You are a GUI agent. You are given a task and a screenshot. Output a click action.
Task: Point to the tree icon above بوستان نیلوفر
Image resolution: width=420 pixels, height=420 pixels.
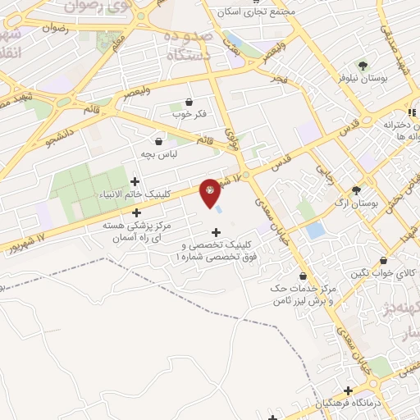coord(362,64)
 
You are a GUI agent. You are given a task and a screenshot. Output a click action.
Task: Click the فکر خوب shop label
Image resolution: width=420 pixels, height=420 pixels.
coord(189,113)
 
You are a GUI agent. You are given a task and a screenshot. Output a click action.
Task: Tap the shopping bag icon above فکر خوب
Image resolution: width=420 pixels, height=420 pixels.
coord(189,102)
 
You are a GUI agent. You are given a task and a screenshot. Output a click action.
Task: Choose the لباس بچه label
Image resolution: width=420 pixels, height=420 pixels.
coord(159,153)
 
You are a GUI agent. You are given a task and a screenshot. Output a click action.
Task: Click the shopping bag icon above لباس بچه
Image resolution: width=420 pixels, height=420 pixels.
coord(158,141)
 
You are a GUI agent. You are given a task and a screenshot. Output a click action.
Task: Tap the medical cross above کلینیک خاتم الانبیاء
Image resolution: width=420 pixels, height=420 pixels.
coord(135,181)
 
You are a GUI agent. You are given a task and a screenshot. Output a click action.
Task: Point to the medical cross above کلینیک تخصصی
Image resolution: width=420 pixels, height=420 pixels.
coord(217,232)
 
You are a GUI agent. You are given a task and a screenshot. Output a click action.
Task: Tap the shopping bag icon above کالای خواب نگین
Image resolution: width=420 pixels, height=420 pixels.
coord(382,261)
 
